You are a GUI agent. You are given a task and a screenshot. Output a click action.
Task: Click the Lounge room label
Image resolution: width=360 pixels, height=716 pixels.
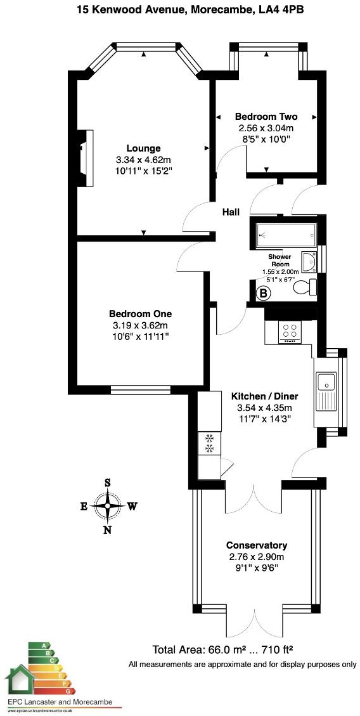143,148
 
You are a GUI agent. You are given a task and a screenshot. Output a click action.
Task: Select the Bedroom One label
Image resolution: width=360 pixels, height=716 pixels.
140,314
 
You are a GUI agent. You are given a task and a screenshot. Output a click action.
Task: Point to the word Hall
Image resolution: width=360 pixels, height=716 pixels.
230,212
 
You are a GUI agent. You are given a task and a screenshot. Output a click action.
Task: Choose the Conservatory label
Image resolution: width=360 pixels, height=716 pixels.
257,545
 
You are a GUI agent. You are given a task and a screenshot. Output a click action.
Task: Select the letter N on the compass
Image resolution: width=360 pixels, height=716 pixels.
108,530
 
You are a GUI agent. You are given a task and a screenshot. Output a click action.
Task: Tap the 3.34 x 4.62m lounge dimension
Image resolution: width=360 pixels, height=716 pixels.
143,160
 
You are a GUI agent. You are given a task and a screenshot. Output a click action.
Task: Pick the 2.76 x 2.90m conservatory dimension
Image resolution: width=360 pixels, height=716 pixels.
257,557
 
